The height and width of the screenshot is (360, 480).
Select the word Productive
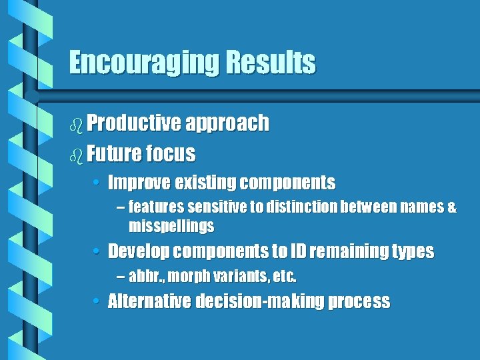tap(133, 123)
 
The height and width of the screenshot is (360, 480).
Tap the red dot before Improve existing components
tap(97, 183)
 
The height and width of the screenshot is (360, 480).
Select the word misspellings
tap(171, 227)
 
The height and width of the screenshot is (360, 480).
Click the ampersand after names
tap(452, 208)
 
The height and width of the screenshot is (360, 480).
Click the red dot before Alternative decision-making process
tap(97, 301)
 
